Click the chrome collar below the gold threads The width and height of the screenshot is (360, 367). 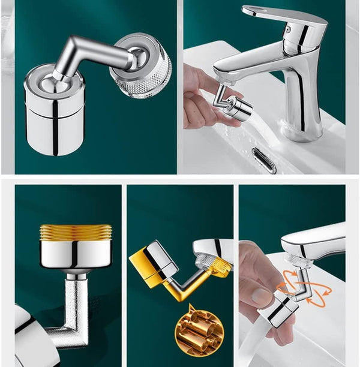76,255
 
